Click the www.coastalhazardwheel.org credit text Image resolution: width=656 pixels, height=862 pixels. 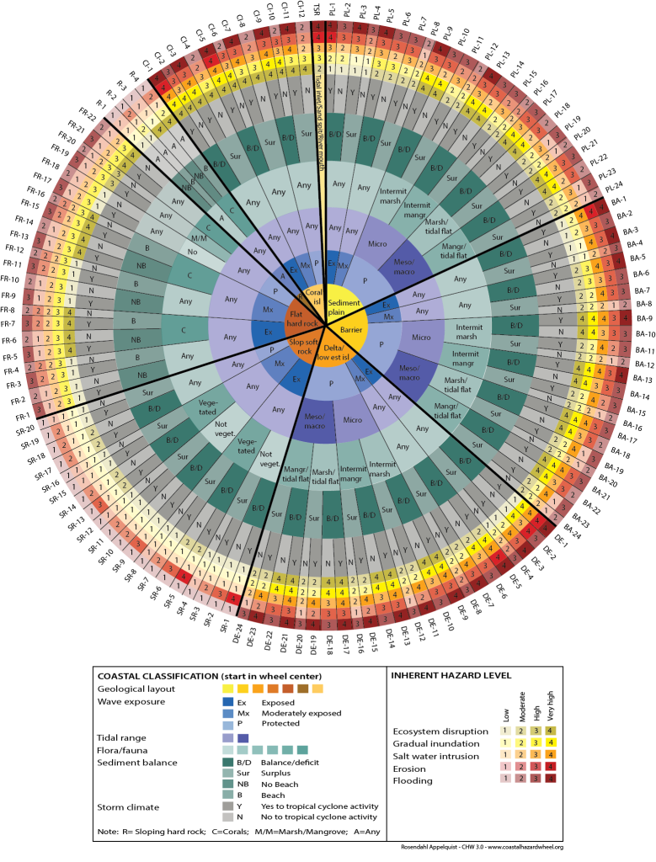(x=524, y=848)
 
